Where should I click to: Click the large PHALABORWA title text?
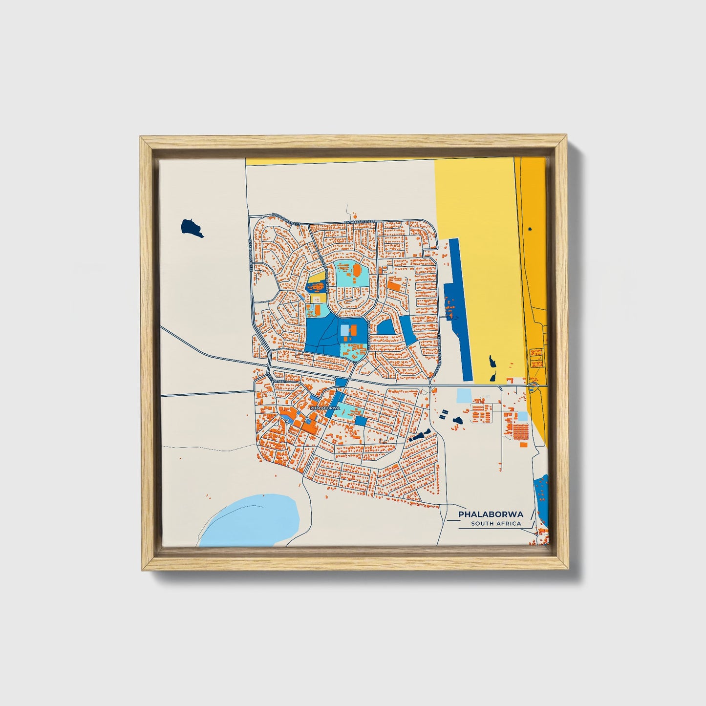pos(491,514)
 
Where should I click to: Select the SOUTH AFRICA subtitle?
pos(495,524)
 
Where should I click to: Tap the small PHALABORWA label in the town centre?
pos(325,407)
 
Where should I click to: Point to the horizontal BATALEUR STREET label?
pos(360,222)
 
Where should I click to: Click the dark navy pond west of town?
pos(192,228)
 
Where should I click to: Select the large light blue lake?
pos(252,519)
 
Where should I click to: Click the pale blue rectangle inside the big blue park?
pos(345,331)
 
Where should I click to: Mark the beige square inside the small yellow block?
pos(315,285)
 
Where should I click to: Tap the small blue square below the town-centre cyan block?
pos(361,421)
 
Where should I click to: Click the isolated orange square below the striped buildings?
pos(523,445)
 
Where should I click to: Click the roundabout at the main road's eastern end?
pos(532,387)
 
